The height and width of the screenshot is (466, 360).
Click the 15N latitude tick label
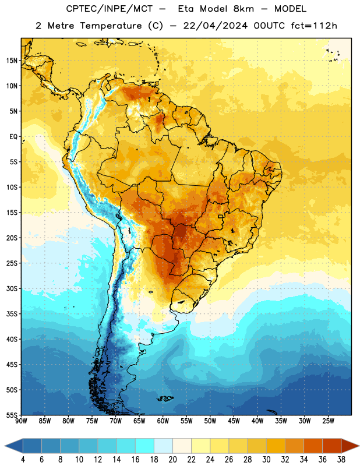tap(12, 61)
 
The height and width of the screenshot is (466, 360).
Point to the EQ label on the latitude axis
tap(13, 137)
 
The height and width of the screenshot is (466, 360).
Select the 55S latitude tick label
tap(12, 415)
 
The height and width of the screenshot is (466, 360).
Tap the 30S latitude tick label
tap(12, 288)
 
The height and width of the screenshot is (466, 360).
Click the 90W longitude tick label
tap(21, 421)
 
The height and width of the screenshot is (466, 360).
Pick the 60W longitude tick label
tap(163, 421)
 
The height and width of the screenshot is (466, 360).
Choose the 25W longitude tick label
tap(328, 421)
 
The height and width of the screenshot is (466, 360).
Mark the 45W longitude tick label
tap(234, 421)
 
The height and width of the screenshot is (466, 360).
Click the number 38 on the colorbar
tap(341, 460)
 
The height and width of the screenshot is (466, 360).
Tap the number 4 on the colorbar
tap(23, 460)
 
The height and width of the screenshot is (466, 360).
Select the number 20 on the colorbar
tap(172, 460)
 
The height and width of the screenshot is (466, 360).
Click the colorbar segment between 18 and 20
tap(164, 446)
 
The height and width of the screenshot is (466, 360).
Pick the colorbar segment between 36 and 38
tap(332, 446)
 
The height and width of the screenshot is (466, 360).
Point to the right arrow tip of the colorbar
tap(359, 446)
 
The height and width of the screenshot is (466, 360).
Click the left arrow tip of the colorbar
tap(5, 446)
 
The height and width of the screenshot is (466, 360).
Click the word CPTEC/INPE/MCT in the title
tap(109, 9)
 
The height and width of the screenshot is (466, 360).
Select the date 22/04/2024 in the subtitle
tap(215, 26)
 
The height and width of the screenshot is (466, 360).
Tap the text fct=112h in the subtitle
tap(314, 26)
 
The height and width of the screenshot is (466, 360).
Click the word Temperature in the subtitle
tap(111, 26)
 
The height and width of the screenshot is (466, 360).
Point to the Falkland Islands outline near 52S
tap(165, 398)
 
